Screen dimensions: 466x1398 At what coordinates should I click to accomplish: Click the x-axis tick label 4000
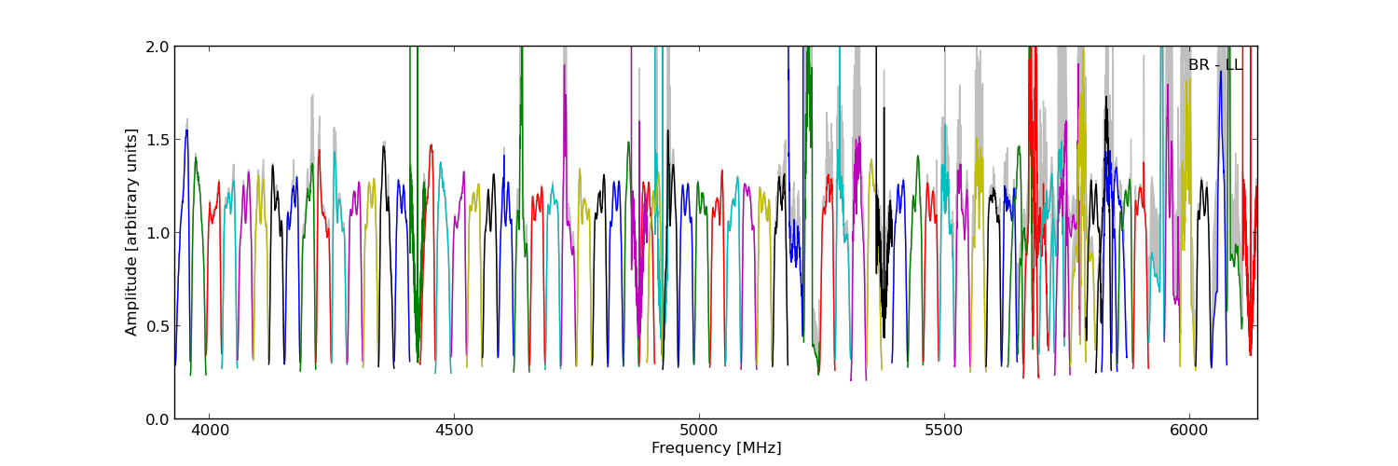click(209, 432)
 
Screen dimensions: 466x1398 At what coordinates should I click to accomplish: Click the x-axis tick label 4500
click(454, 432)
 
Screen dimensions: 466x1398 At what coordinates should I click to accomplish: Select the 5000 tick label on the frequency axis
click(699, 432)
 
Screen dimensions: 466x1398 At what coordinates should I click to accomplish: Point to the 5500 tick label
click(944, 432)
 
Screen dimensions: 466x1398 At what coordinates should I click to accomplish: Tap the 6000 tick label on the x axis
click(1189, 432)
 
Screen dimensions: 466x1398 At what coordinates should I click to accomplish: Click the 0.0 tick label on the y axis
click(157, 419)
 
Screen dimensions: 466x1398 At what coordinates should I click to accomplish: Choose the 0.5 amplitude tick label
click(157, 326)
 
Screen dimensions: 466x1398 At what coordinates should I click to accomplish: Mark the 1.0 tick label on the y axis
click(157, 233)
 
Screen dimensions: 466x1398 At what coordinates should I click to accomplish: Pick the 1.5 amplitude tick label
click(157, 140)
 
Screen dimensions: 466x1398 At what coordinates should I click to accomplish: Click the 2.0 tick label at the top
click(157, 47)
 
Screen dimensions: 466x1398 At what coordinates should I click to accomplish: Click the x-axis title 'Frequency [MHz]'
click(716, 448)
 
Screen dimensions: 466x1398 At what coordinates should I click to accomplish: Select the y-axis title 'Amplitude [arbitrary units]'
click(132, 232)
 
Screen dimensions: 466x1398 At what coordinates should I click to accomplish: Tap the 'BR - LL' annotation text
click(1214, 65)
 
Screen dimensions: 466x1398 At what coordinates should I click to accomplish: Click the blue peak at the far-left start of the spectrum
click(185, 131)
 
